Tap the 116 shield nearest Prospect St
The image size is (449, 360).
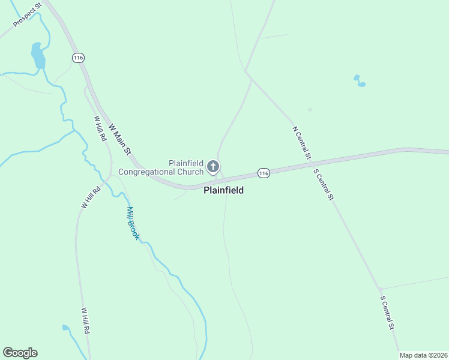point(77,58)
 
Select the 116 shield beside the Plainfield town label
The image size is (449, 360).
point(263,173)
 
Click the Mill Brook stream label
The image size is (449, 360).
point(133,223)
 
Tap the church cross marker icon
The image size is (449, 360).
point(212,166)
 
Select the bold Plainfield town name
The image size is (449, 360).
point(223,190)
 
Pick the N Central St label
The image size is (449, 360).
point(301,142)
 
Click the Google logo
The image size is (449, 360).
point(20,352)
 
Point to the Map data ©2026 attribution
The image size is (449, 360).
point(423,355)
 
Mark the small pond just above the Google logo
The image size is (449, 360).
point(65,328)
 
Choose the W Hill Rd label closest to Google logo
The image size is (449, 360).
point(86,321)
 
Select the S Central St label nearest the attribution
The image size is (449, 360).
point(387,312)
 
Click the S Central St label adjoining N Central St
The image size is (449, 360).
point(323,184)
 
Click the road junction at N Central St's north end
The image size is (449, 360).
point(246,73)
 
